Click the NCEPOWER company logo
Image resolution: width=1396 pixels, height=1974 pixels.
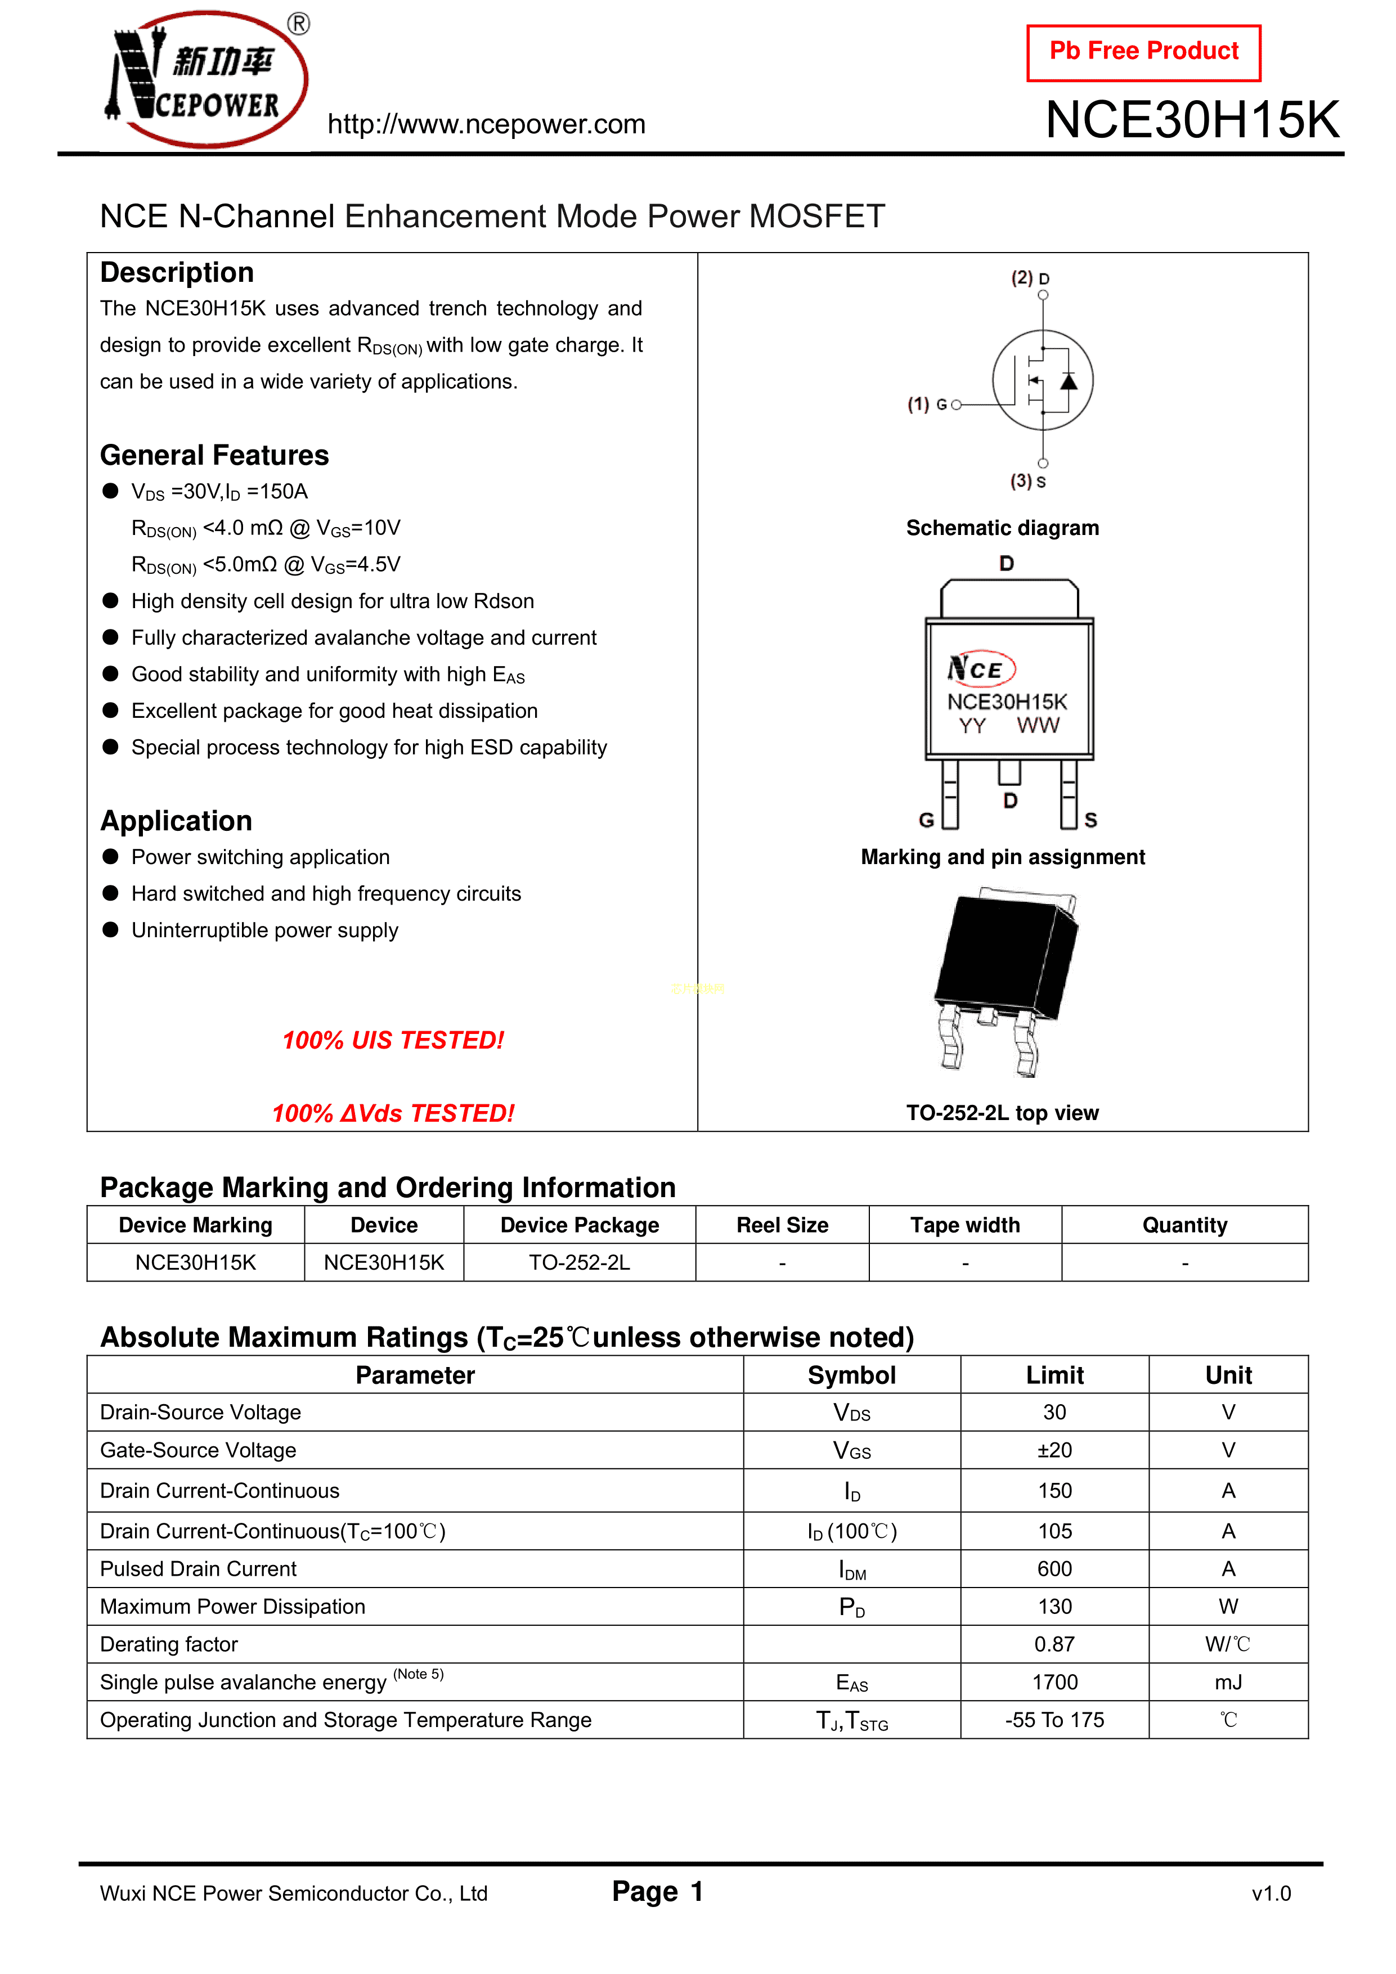[207, 80]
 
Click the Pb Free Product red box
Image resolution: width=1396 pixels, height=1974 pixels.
[1143, 52]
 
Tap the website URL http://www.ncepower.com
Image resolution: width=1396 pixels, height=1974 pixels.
[486, 125]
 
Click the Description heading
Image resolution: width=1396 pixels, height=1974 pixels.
[177, 272]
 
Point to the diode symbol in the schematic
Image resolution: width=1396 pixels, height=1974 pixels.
[1069, 381]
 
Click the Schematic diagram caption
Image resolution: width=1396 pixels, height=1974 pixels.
[1002, 528]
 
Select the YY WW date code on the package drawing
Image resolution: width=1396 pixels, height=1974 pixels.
[1008, 726]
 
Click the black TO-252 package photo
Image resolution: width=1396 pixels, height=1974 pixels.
[1007, 980]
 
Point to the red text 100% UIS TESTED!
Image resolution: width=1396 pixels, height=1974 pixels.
[393, 1040]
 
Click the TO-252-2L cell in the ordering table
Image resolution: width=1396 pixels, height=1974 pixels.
[579, 1262]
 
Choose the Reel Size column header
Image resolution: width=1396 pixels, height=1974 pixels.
[782, 1225]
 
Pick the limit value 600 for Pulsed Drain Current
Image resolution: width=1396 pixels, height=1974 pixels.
[1054, 1569]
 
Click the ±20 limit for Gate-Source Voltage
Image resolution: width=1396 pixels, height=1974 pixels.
[1054, 1450]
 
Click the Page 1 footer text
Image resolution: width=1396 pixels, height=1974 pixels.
[658, 1891]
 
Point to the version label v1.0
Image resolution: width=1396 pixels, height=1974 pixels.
[1271, 1893]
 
